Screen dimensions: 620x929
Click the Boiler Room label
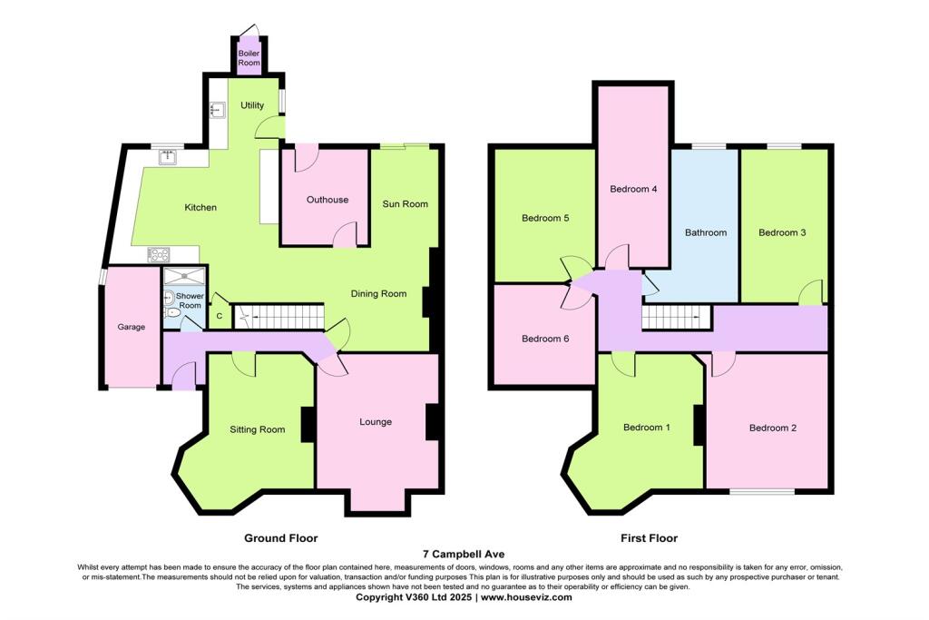(x=249, y=58)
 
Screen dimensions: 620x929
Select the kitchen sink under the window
(x=168, y=157)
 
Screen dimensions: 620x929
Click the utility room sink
(x=216, y=111)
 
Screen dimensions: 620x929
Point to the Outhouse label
(x=328, y=200)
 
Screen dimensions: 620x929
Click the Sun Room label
(x=405, y=203)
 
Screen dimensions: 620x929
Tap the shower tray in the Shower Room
(x=184, y=276)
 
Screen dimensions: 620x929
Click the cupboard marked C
(x=220, y=315)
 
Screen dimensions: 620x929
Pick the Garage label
(x=132, y=327)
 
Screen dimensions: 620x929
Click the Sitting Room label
(x=257, y=429)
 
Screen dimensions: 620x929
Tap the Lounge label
(x=376, y=422)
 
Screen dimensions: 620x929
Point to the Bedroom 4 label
(x=633, y=189)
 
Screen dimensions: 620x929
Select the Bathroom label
(x=706, y=232)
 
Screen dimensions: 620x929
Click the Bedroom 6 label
(x=545, y=339)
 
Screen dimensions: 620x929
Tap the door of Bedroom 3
(x=812, y=293)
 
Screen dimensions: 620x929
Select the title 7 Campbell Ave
(x=464, y=554)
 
